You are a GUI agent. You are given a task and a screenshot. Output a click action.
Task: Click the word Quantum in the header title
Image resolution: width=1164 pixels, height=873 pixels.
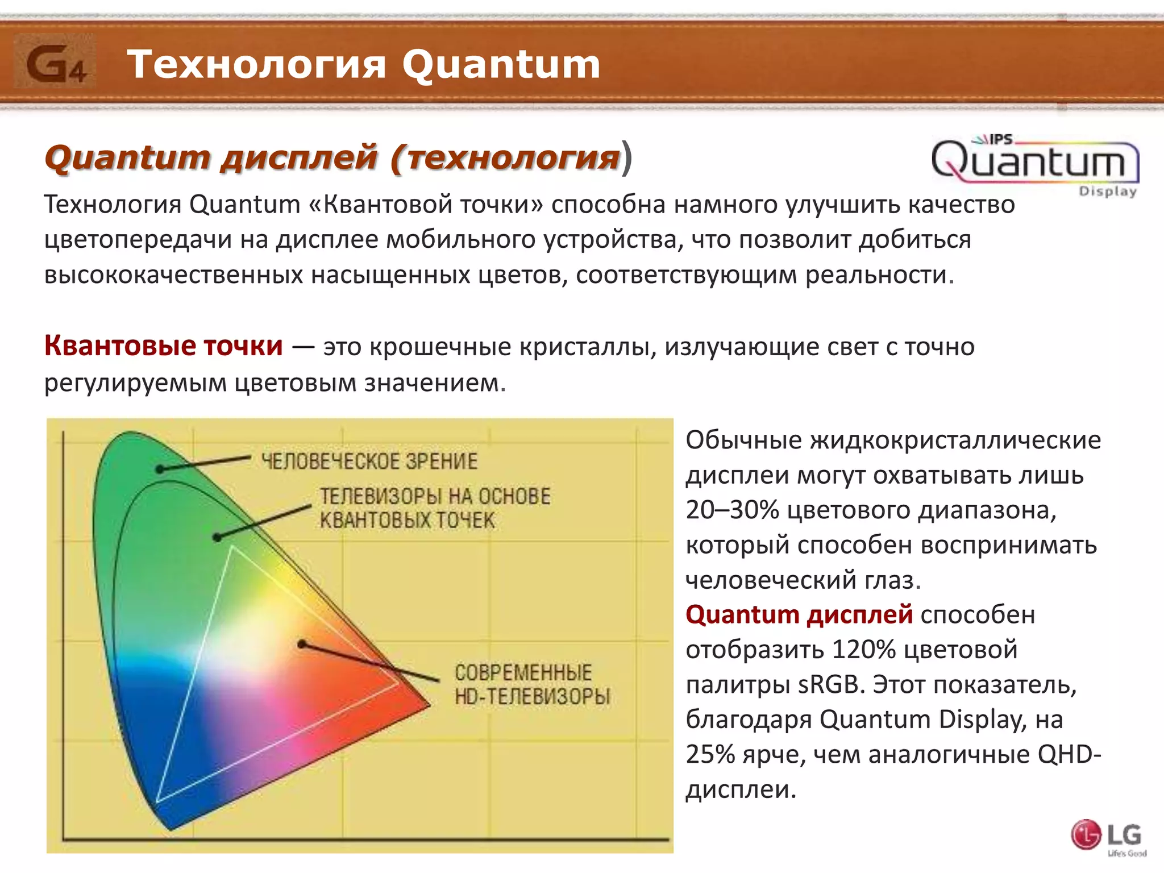tap(501, 64)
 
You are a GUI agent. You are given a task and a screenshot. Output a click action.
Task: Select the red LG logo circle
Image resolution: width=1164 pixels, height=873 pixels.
tap(1086, 835)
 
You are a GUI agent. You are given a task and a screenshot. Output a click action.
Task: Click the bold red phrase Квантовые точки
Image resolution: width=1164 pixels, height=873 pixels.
tap(163, 346)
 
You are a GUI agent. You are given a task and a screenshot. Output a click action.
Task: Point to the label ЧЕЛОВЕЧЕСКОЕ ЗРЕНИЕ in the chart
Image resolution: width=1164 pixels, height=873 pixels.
tap(369, 461)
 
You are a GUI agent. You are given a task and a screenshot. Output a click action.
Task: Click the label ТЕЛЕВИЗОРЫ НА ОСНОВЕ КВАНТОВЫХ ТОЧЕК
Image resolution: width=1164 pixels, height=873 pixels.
tap(434, 508)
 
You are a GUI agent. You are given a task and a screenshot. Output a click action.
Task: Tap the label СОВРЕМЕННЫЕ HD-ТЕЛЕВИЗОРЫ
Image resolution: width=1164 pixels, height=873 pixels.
tap(531, 684)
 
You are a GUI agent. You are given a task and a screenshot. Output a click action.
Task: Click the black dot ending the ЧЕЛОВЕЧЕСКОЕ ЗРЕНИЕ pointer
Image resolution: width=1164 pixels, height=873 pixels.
tap(160, 469)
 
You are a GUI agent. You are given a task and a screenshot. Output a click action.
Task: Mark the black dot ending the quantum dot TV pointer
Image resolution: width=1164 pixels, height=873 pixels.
tap(217, 537)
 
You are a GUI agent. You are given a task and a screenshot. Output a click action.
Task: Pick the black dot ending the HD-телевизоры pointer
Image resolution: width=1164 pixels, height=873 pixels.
tap(302, 645)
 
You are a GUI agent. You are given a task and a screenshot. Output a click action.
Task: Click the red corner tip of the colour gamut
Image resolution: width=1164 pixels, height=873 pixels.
tap(429, 705)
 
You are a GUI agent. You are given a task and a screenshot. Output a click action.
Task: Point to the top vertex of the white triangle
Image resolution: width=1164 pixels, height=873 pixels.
tap(232, 547)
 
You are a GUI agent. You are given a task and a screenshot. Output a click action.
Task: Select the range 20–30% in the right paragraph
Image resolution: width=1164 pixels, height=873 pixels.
tap(732, 510)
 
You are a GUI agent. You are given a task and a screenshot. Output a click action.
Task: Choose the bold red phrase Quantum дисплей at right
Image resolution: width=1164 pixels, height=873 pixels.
tap(799, 615)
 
